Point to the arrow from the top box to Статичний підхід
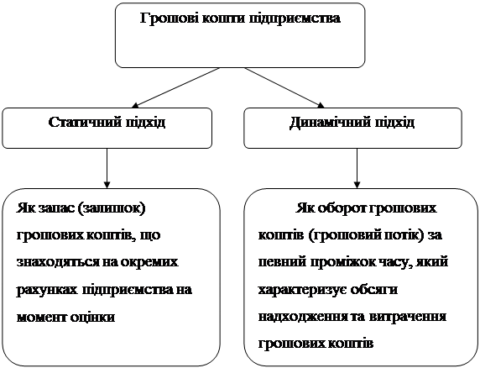175,87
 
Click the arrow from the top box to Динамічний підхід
284,87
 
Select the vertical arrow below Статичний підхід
107,168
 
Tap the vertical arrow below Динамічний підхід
357,168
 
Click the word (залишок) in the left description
112,209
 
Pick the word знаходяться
58,263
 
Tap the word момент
41,317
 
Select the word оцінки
93,317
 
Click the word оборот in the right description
340,208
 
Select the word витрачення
408,317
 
